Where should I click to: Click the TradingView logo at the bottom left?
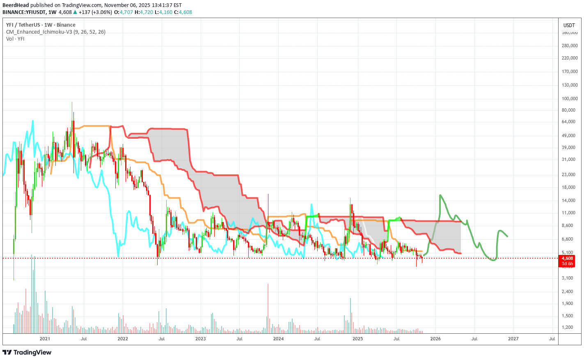coord(27,352)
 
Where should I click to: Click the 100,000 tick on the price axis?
coord(570,99)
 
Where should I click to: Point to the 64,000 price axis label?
coord(570,122)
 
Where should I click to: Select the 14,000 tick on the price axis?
coord(570,200)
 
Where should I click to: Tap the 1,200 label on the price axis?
coord(570,327)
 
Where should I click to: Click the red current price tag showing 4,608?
coord(567,258)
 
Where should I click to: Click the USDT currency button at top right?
coord(569,25)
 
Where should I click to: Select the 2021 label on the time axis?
coord(45,339)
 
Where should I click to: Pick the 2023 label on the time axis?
coord(200,339)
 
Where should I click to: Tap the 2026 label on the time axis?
coord(435,339)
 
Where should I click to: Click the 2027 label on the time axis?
coord(513,339)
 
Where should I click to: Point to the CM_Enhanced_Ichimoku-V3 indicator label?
coord(55,32)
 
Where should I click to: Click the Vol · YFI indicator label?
coord(15,39)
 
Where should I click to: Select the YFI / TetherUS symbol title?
coord(41,25)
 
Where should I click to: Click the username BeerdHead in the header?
coord(15,5)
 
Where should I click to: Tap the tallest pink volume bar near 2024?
coord(268,308)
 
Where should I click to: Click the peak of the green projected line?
coord(440,195)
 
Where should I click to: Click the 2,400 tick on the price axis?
coord(570,291)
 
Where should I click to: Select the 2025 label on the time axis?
coord(357,339)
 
